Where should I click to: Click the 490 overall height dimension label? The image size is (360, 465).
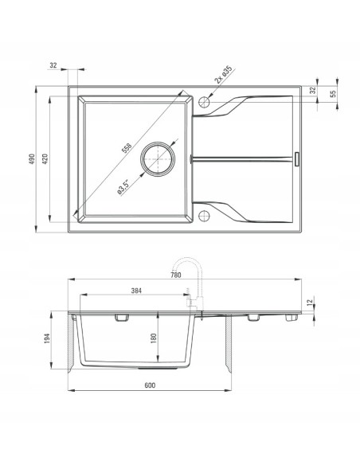[x=32, y=159]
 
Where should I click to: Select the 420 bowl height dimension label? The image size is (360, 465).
[x=45, y=159]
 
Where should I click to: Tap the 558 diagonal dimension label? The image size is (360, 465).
[x=127, y=148]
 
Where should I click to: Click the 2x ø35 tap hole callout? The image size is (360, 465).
[x=223, y=74]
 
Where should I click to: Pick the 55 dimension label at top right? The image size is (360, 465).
[x=333, y=93]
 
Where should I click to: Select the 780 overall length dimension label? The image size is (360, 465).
[x=176, y=275]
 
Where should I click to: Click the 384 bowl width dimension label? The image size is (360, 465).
[x=136, y=291]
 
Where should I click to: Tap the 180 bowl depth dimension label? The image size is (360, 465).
[x=153, y=338]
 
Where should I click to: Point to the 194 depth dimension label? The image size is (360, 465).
[x=47, y=338]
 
